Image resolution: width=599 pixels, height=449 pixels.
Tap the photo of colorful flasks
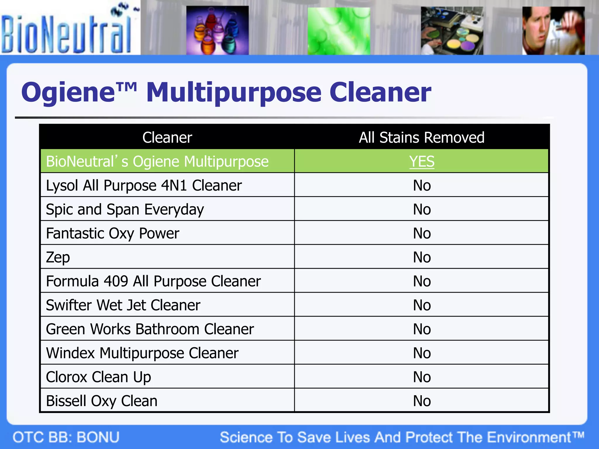(x=217, y=30)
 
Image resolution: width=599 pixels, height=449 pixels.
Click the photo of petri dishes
(x=452, y=31)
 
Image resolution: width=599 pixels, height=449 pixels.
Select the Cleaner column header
(x=167, y=137)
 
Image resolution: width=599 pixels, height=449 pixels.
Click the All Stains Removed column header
(x=421, y=137)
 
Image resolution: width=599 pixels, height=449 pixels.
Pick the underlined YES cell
(x=421, y=161)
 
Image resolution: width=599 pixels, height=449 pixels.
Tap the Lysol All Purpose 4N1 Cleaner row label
(x=144, y=185)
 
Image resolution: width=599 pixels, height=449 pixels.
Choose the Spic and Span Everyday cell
(x=125, y=209)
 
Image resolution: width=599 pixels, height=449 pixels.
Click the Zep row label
(x=58, y=257)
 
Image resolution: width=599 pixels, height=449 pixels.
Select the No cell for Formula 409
(x=421, y=281)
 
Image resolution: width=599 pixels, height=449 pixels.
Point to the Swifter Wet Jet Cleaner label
(x=123, y=305)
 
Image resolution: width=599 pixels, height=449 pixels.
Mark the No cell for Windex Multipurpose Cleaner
(x=421, y=353)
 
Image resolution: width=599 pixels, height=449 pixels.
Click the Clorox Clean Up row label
(x=98, y=377)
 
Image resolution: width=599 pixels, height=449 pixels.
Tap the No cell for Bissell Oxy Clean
(x=421, y=401)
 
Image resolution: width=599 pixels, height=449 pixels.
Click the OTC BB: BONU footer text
(x=66, y=437)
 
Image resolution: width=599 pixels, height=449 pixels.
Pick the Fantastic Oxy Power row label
(x=113, y=233)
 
